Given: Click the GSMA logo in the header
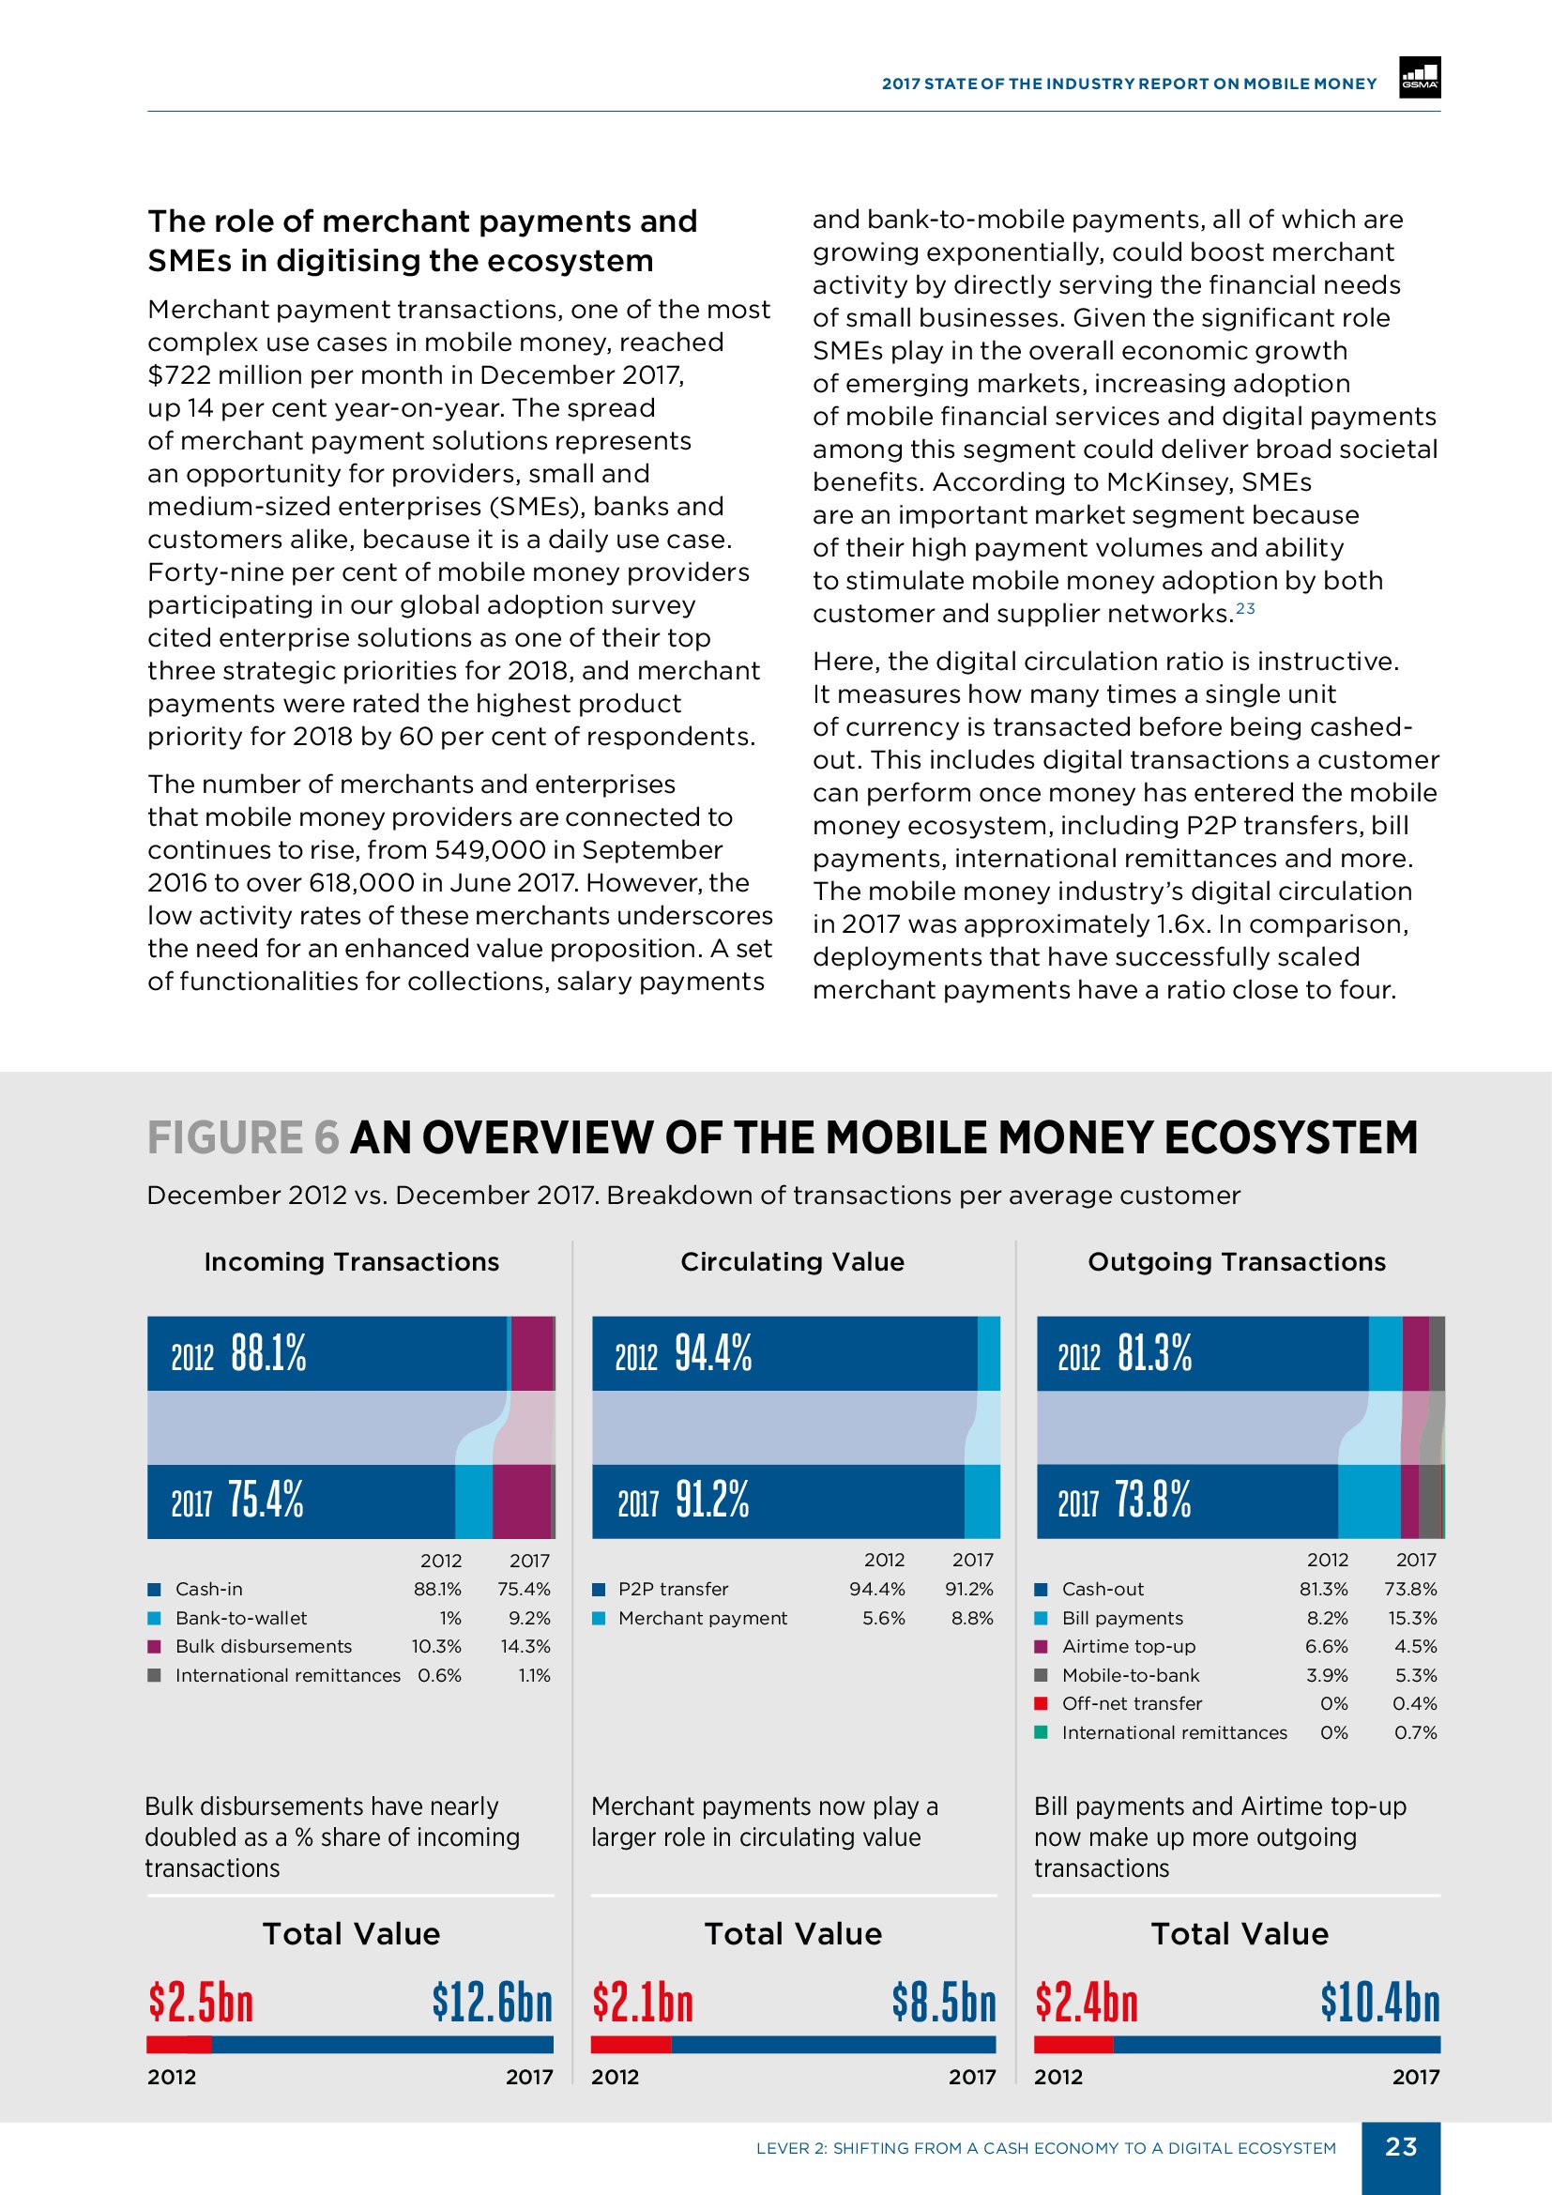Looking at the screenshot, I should pos(1420,79).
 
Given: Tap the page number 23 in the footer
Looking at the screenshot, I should pos(1401,2146).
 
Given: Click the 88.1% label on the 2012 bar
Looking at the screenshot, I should pos(268,1353).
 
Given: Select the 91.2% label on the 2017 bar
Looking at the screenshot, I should pos(712,1499).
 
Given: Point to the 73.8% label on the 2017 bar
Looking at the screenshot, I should pos(1152,1499).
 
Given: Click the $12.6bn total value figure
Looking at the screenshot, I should pos(493,2001).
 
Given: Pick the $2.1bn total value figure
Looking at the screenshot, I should pos(642,2001).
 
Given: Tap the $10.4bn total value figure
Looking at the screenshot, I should pos(1380,2001).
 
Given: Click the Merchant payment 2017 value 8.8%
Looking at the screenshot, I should pos(972,1618).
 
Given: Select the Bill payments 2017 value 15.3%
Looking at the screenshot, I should pos(1412,1618).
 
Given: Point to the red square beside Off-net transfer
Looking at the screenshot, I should pos(1042,1702).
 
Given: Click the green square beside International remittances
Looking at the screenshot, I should pos(1042,1731).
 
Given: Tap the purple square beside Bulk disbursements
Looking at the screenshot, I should pos(154,1646).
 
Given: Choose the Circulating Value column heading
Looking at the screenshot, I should pos(792,1262).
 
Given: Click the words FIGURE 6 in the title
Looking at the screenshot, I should pos(243,1137).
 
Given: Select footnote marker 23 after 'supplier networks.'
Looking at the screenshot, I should pos(1245,608).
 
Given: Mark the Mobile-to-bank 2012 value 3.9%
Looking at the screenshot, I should pos(1327,1675).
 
